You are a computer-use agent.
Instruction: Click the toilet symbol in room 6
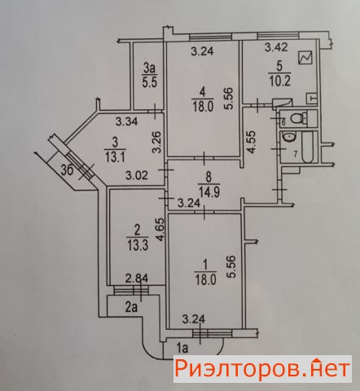(x=298, y=118)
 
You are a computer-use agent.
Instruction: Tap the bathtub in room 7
(x=307, y=147)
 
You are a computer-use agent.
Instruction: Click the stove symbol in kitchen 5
(x=305, y=58)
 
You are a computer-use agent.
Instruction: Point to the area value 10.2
(x=279, y=81)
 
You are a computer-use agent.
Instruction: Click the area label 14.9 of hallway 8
(x=209, y=191)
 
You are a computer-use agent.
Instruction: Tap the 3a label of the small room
(x=150, y=68)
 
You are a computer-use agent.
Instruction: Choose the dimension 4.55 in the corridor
(x=252, y=142)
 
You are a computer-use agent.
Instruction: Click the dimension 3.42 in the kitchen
(x=276, y=47)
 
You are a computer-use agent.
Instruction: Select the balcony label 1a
(x=182, y=348)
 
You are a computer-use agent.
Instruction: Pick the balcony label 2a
(x=131, y=307)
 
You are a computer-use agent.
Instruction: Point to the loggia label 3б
(x=67, y=172)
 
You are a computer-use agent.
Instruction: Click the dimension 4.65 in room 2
(x=160, y=229)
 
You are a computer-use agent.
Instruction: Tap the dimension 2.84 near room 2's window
(x=137, y=279)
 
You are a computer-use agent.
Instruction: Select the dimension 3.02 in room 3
(x=137, y=175)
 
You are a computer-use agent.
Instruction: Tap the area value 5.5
(x=150, y=81)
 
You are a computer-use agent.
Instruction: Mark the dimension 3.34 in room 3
(x=127, y=121)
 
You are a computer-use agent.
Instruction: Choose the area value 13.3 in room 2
(x=137, y=246)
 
